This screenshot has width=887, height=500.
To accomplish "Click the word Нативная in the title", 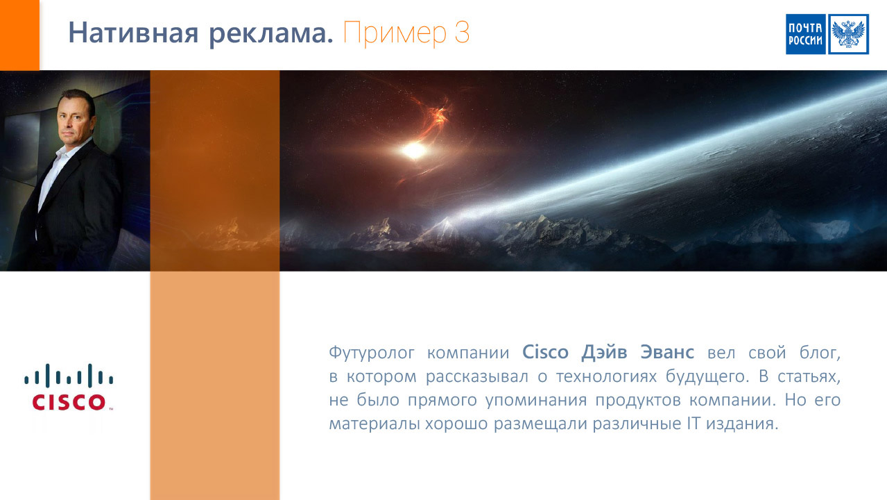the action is coord(133,33).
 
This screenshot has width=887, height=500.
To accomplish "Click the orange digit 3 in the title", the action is coord(462,32).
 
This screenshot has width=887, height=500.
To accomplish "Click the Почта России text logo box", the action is coord(805,34).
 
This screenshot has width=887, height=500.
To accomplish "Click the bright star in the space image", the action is coord(414,151).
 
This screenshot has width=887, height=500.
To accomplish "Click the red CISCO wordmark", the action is coord(69,402).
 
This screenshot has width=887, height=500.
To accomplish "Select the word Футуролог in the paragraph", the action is coord(372,353).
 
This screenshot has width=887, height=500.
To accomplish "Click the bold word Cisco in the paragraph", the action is coord(545,351).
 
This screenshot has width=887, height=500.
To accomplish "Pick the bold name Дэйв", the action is coord(604,352).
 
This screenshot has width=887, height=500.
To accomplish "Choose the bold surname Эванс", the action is coord(667,352).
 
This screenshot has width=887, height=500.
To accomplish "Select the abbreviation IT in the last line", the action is coord(694,424).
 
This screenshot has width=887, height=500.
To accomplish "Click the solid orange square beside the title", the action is coord(19,35).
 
